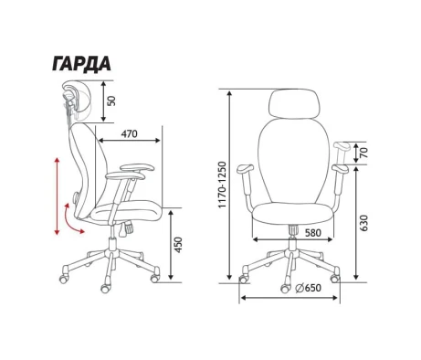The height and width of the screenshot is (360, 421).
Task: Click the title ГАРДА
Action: click(x=81, y=64)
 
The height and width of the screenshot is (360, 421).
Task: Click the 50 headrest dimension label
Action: click(x=112, y=101)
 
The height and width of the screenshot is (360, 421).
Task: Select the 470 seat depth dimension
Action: click(x=130, y=133)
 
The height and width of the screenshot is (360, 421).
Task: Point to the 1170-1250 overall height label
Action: click(x=223, y=185)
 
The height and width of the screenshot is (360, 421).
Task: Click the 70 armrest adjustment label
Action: click(x=363, y=153)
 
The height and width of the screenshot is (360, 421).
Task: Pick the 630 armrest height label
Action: click(x=363, y=223)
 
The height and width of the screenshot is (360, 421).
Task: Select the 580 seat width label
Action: click(x=312, y=233)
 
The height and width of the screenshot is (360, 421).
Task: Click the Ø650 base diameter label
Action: click(x=308, y=288)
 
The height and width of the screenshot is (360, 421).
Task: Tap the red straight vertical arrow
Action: click(x=57, y=196)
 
